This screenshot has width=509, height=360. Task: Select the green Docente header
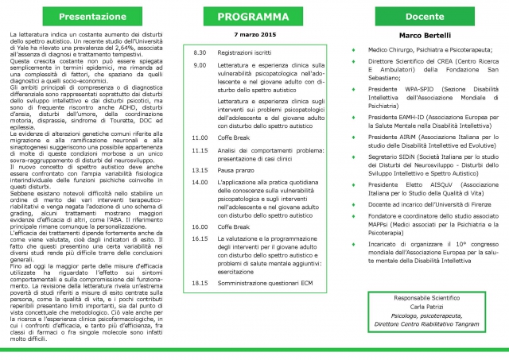[422, 15]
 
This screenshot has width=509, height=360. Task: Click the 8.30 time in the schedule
[200, 52]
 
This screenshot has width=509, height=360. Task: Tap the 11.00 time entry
[200, 137]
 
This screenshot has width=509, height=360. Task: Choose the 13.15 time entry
[200, 170]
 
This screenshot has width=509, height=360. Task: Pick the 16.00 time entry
[200, 226]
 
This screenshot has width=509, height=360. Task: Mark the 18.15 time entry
[200, 282]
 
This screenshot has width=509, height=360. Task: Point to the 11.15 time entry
[200, 149]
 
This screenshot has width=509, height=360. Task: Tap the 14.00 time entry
[200, 183]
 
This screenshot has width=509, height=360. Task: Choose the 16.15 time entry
[200, 238]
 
